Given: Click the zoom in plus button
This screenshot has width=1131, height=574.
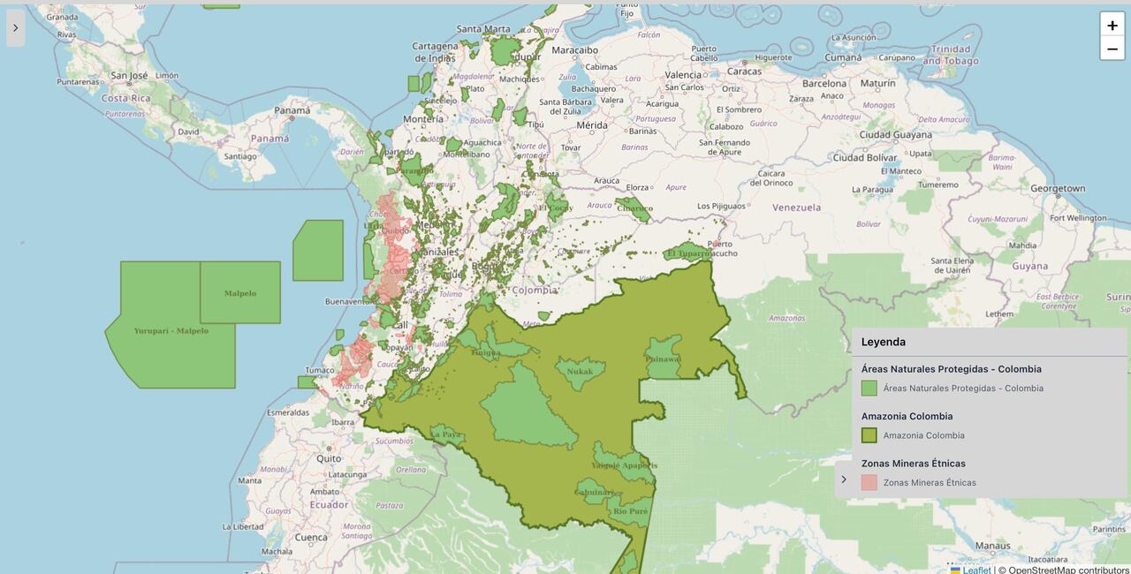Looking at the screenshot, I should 1112,25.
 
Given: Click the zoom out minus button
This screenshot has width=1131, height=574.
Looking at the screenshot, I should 1112,49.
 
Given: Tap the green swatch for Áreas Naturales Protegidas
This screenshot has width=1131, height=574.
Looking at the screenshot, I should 869,388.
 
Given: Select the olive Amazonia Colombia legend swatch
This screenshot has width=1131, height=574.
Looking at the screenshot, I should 869,435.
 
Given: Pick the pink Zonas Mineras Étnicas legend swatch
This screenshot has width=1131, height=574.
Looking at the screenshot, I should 869,482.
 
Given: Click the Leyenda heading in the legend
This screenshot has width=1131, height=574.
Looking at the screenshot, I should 884,342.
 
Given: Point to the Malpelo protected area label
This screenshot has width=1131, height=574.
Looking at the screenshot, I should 239,293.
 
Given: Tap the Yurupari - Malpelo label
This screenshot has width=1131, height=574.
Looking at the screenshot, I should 171,331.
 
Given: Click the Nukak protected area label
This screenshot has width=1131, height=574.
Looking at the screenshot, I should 580,372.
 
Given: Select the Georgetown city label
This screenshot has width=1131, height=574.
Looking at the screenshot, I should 1057,188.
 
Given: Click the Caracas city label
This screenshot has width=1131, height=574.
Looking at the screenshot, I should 744,72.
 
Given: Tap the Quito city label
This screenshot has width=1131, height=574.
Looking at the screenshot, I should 329,458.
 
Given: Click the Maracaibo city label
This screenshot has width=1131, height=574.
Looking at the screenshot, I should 574,50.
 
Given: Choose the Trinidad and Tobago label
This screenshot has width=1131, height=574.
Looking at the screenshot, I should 950,55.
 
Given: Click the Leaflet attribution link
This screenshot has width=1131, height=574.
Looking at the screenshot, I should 976,570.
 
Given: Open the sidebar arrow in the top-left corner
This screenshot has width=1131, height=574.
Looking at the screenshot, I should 15,28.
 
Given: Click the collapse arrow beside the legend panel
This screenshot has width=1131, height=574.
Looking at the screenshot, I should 844,480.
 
